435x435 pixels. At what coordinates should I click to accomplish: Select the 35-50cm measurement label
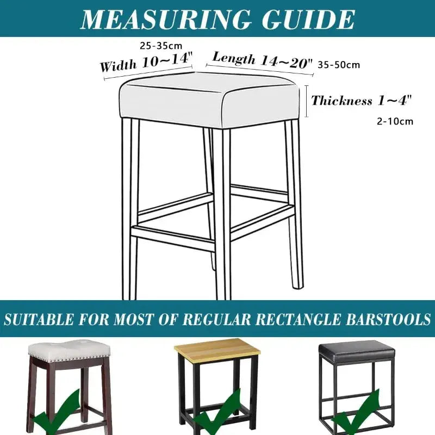(339, 65)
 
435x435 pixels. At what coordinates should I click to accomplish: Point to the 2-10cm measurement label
(395, 121)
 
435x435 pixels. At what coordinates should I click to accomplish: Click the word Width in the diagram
(117, 66)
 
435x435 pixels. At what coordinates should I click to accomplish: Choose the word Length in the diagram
(234, 57)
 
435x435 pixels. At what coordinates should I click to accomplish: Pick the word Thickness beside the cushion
(341, 101)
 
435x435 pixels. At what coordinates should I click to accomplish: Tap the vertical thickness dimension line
(307, 101)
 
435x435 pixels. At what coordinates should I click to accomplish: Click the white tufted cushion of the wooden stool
(67, 351)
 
